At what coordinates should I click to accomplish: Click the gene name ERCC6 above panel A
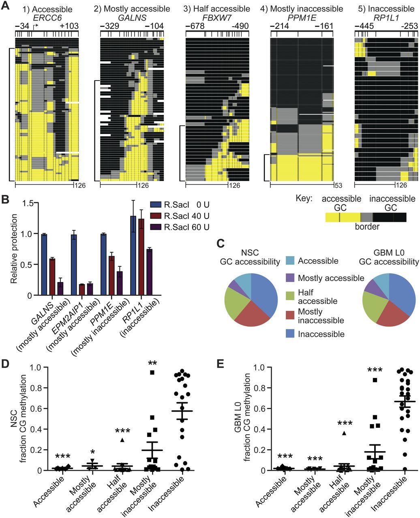pyautogui.click(x=45, y=17)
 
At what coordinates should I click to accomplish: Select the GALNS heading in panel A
pyautogui.click(x=132, y=17)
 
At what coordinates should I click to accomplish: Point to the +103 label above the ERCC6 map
pyautogui.click(x=69, y=26)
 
